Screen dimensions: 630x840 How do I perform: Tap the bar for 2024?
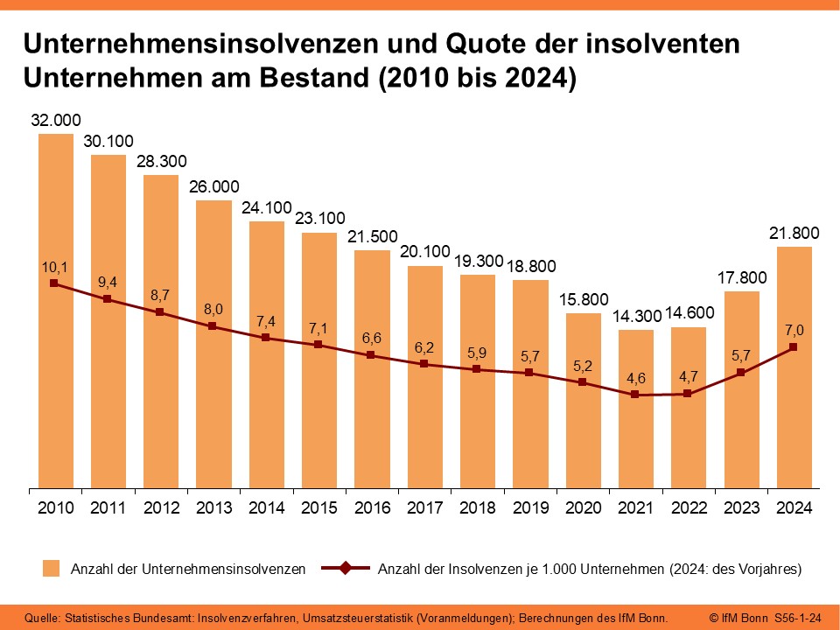794,411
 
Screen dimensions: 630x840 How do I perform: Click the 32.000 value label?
55,121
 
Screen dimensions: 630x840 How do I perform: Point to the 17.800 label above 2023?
741,278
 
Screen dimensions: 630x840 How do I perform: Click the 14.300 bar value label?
635,317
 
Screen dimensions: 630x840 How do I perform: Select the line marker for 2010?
55,283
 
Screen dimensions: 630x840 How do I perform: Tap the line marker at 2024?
794,347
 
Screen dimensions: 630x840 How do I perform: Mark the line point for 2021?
635,395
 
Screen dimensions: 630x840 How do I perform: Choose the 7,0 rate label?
794,329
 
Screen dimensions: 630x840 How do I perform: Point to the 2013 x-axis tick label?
213,507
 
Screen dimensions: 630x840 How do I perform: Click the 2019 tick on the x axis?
530,507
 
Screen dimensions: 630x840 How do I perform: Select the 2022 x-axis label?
689,507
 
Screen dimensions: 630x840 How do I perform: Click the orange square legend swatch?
52,570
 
